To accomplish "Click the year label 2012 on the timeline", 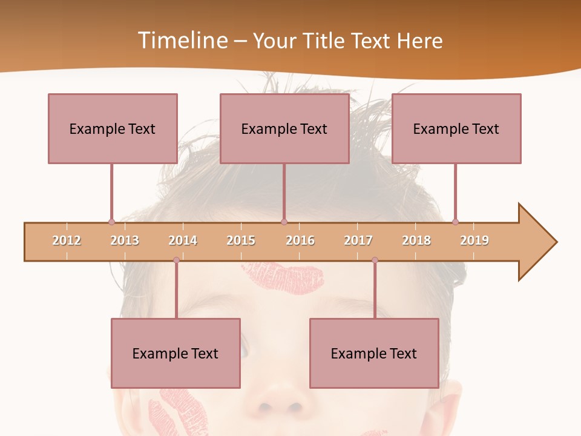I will tap(67, 240).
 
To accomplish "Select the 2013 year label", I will tap(125, 240).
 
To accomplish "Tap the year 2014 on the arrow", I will tap(183, 240).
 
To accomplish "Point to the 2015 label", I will tap(241, 240).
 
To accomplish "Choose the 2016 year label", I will tap(300, 240).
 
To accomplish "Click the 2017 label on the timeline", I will tap(358, 240).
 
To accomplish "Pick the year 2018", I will tap(416, 240).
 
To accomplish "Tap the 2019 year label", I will tap(474, 240).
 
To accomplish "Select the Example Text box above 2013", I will tap(113, 128).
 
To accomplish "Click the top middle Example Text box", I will tap(284, 128).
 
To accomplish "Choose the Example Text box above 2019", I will tap(456, 128).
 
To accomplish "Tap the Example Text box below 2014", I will tap(176, 353).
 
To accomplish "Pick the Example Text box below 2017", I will tap(374, 353).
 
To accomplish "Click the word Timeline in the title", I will tap(182, 41).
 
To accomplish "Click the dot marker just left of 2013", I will tap(111, 222).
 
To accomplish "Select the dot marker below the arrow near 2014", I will tap(176, 260).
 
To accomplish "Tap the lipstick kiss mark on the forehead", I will tap(283, 276).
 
